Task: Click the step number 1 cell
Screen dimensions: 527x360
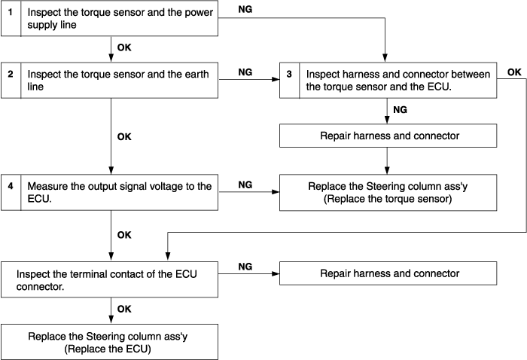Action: tap(11, 18)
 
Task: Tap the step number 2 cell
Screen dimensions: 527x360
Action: tap(11, 81)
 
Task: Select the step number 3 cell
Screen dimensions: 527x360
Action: tap(289, 81)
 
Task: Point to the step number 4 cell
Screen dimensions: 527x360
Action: tap(11, 192)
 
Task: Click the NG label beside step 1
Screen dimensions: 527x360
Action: tap(245, 9)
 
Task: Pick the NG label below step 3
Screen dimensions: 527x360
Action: tap(400, 110)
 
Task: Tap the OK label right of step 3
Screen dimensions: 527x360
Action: tap(514, 72)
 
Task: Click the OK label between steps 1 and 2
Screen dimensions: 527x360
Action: tap(124, 47)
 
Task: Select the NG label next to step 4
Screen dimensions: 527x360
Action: tap(245, 185)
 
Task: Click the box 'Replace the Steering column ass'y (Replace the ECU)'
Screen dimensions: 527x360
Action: tap(109, 342)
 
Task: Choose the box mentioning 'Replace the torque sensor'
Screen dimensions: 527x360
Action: tap(388, 193)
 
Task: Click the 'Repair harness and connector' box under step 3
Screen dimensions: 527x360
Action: tap(388, 136)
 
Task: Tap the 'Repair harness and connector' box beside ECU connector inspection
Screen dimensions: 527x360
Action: tap(388, 273)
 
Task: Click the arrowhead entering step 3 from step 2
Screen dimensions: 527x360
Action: tap(276, 80)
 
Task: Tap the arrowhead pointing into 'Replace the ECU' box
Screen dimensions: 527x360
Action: tap(111, 320)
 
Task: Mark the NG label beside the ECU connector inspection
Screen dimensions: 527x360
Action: tap(245, 267)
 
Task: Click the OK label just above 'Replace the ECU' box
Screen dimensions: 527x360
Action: tap(124, 310)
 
